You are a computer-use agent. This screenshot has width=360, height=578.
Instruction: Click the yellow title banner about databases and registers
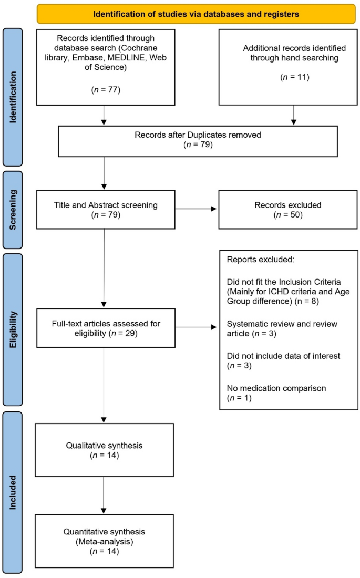tap(196, 14)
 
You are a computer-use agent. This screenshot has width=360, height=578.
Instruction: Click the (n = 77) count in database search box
tap(106, 90)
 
